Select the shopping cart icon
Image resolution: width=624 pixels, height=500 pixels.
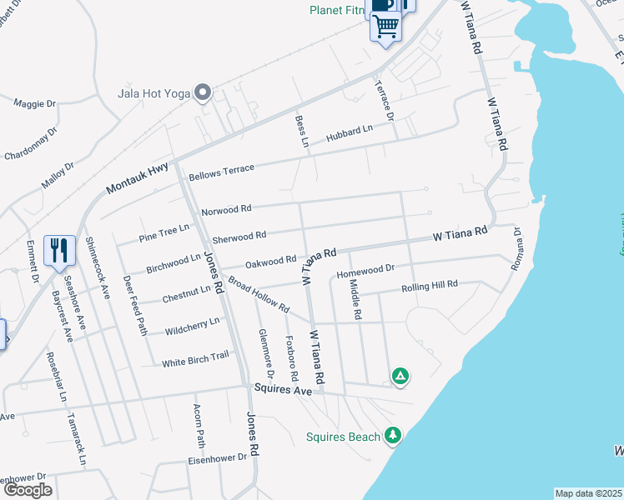(385, 27)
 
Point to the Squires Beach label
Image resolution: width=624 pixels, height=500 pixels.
(344, 436)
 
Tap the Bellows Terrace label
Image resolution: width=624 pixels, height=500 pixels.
(221, 172)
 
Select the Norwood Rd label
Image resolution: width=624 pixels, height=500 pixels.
(228, 209)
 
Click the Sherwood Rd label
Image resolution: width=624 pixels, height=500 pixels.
(239, 237)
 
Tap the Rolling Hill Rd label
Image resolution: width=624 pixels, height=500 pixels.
(430, 285)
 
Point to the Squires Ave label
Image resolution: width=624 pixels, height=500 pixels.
(282, 389)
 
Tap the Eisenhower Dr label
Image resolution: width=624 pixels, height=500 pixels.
(218, 457)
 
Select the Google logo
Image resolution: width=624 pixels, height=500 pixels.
(28, 490)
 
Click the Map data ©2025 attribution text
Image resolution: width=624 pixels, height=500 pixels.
(587, 493)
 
